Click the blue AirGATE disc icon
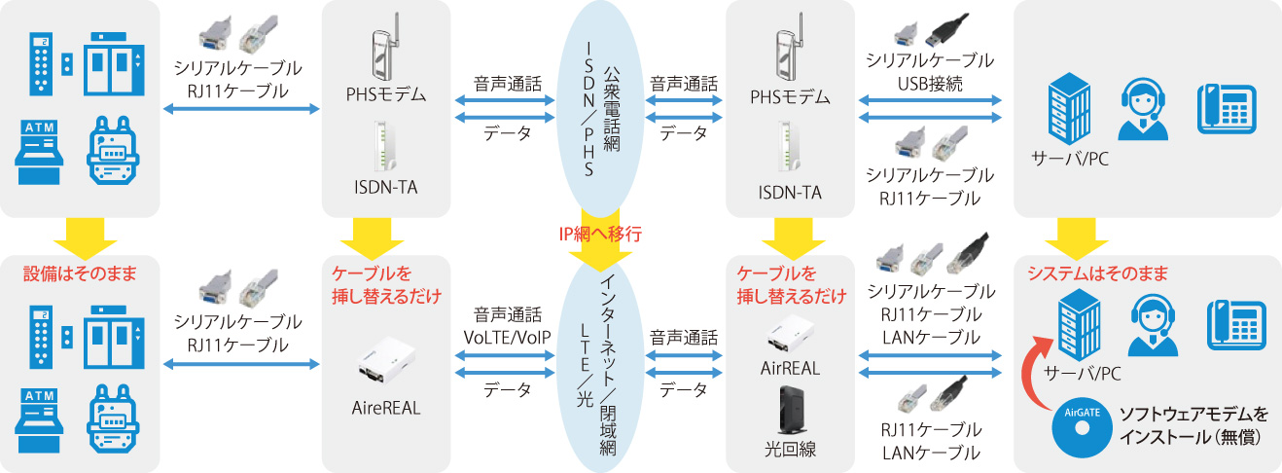click(x=1082, y=428)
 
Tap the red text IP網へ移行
click(x=600, y=234)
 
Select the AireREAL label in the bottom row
click(x=386, y=408)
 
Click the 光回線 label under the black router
click(x=790, y=450)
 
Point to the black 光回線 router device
click(x=791, y=410)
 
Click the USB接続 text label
click(x=930, y=84)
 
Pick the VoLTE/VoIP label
click(x=507, y=338)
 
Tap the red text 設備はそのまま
click(x=80, y=273)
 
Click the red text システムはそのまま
click(x=1097, y=273)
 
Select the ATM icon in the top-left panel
click(x=39, y=152)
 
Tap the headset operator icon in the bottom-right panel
click(x=1153, y=326)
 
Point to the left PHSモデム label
click(x=386, y=94)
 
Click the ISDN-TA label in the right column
click(x=790, y=193)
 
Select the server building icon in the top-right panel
click(x=1069, y=109)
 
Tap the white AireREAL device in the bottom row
click(x=386, y=361)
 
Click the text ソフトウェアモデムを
click(x=1193, y=413)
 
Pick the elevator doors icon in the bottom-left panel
click(x=115, y=338)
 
